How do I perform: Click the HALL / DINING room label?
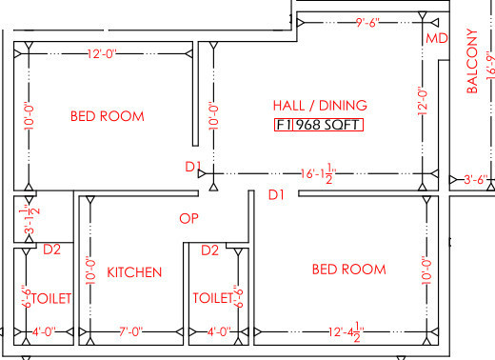(x=319, y=105)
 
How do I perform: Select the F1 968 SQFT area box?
(x=318, y=125)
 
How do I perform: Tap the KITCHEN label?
(x=133, y=272)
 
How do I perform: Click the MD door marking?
(x=436, y=39)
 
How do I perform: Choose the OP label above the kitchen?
(x=188, y=218)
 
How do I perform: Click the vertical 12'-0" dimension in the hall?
(x=422, y=102)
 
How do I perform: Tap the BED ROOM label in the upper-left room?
(x=108, y=116)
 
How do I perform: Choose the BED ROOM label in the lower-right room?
(x=349, y=270)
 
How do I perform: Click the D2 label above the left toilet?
(x=52, y=250)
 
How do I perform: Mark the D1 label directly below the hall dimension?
(x=276, y=195)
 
